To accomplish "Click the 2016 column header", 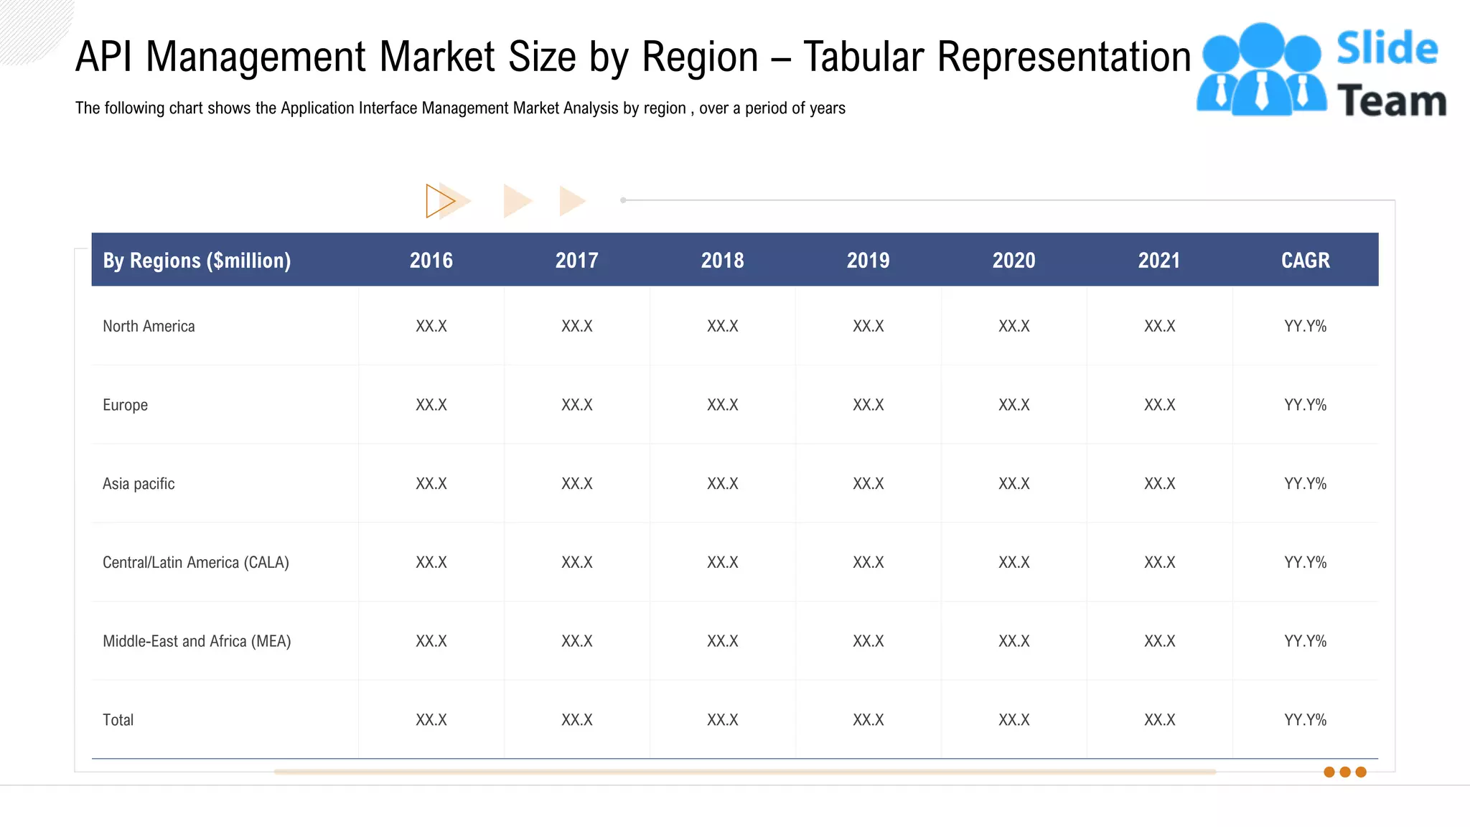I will pyautogui.click(x=431, y=260).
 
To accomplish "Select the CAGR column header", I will pyautogui.click(x=1305, y=260).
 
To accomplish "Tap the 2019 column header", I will pyautogui.click(x=868, y=260).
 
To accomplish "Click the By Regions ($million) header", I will pyautogui.click(x=197, y=260).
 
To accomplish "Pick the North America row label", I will pyautogui.click(x=149, y=326).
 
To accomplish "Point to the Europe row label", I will pyautogui.click(x=125, y=405).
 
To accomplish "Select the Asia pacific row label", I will pyautogui.click(x=139, y=484).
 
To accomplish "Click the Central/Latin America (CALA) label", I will pyautogui.click(x=195, y=562).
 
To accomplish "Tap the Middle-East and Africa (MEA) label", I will pyautogui.click(x=197, y=641).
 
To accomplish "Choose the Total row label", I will pyautogui.click(x=118, y=720).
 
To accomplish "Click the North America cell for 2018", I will pyautogui.click(x=722, y=326).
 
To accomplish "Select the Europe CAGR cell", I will pyautogui.click(x=1305, y=405).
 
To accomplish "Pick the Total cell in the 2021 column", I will pyautogui.click(x=1159, y=720).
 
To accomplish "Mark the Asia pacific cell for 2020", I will pyautogui.click(x=1013, y=484).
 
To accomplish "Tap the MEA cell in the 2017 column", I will pyautogui.click(x=576, y=641).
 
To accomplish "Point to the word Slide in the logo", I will pyautogui.click(x=1387, y=49).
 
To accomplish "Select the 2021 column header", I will pyautogui.click(x=1158, y=260).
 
